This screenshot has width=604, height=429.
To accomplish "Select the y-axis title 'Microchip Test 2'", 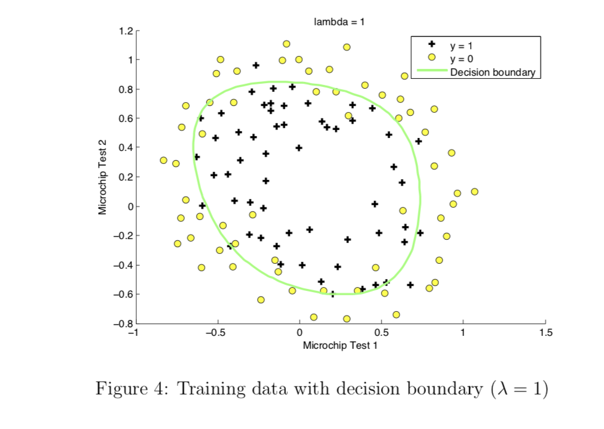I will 104,177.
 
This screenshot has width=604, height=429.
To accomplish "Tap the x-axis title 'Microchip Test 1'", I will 340,345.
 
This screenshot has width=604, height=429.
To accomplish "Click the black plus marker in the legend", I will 431,45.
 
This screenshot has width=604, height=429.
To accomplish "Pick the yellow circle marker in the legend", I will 431,58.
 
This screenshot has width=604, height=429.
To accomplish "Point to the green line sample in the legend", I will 431,71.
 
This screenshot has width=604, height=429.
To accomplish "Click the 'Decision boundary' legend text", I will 493,72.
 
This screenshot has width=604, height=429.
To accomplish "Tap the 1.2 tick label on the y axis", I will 126,31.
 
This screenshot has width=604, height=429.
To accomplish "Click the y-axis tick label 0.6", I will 126,118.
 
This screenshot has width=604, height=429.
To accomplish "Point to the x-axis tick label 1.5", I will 545,333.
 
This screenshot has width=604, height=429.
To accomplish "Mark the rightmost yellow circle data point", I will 475,192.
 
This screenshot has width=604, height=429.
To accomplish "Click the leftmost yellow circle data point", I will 163,160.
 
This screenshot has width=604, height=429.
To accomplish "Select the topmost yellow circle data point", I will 287,44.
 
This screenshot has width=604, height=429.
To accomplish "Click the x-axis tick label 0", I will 300,333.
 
